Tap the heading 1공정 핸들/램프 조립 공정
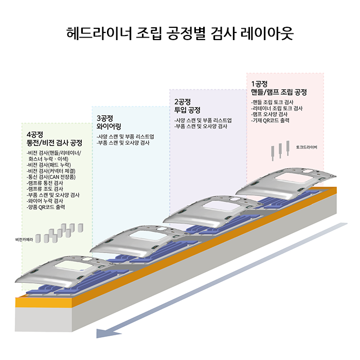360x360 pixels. pyautogui.click(x=279, y=88)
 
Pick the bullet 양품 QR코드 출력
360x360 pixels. pyautogui.click(x=49, y=207)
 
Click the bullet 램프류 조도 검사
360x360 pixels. pyautogui.click(x=45, y=189)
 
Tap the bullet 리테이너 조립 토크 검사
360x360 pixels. pyautogui.click(x=277, y=109)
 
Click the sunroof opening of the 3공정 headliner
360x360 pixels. pyautogui.click(x=146, y=238)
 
